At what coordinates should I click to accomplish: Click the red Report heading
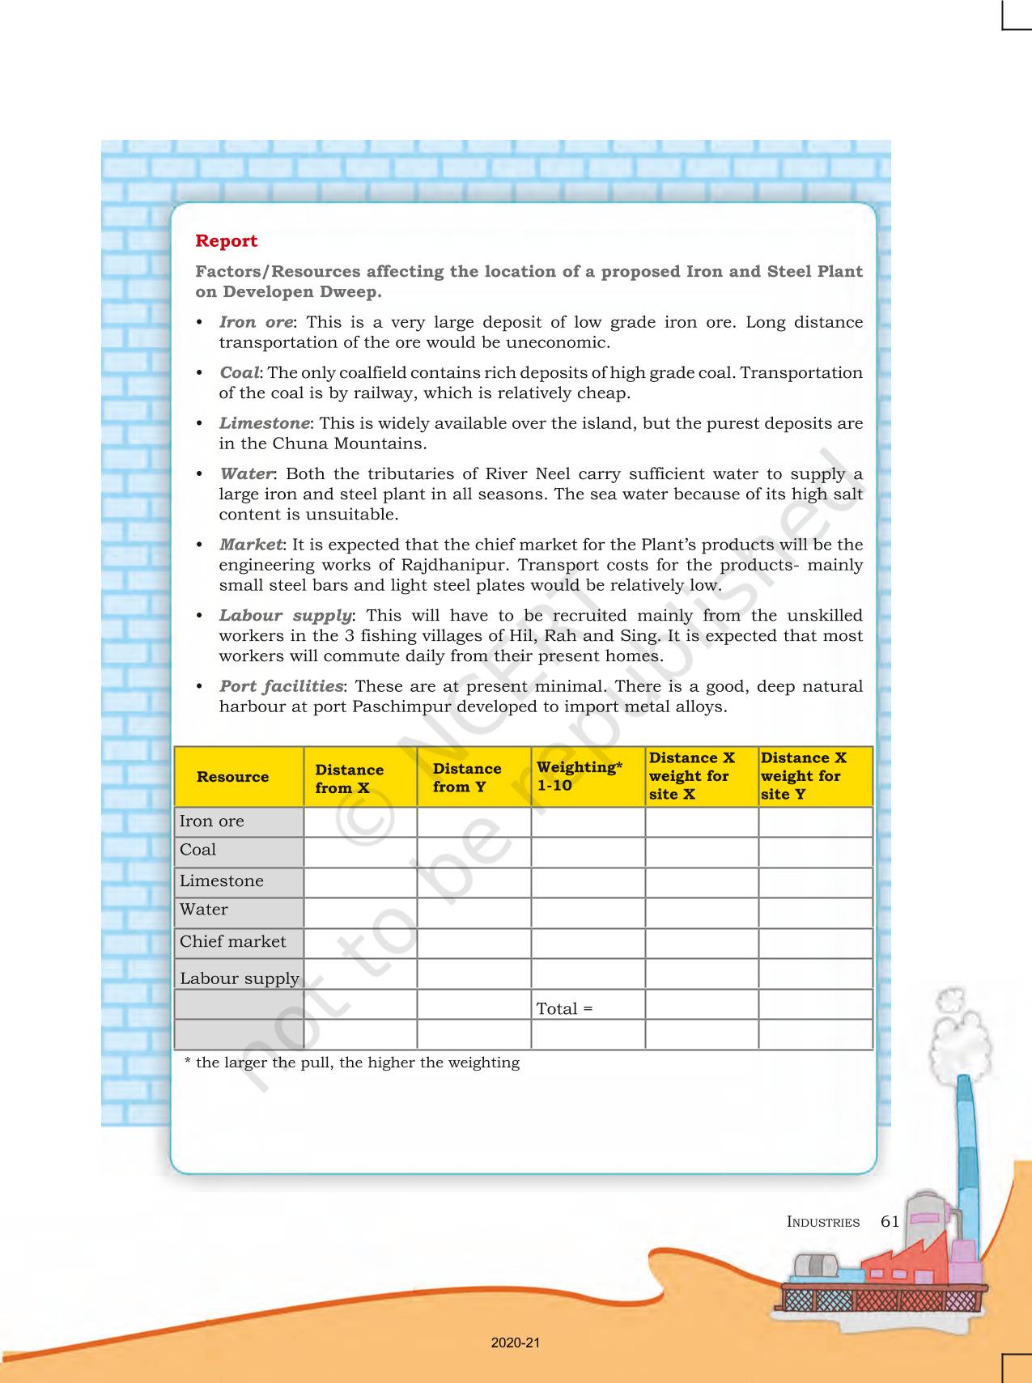(226, 241)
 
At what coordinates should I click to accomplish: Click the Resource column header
(232, 777)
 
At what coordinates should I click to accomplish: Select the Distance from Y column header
(467, 777)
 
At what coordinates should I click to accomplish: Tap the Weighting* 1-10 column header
(579, 776)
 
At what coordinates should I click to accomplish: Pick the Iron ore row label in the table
(212, 821)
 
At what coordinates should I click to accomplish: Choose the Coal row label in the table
(198, 850)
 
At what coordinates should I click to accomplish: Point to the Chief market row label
(233, 942)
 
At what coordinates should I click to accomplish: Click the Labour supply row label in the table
(239, 978)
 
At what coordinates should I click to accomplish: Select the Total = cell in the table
(565, 1008)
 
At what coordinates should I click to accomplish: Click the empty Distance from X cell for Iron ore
(360, 822)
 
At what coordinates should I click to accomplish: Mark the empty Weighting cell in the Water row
(588, 913)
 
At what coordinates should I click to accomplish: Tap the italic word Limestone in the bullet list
(264, 423)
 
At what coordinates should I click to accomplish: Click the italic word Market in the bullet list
(251, 545)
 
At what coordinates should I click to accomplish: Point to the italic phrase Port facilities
(281, 686)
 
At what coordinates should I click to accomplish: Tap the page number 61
(890, 1221)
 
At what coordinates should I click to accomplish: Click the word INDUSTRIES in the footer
(822, 1222)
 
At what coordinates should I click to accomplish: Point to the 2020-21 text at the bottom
(516, 1343)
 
